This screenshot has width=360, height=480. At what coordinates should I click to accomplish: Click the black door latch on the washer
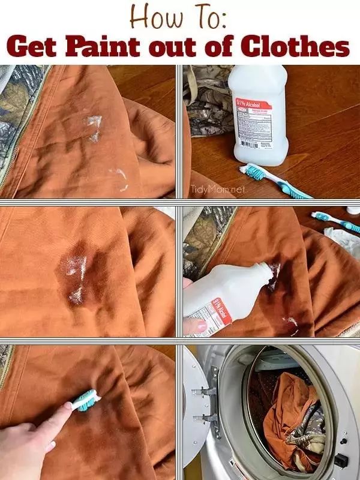point(341,460)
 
